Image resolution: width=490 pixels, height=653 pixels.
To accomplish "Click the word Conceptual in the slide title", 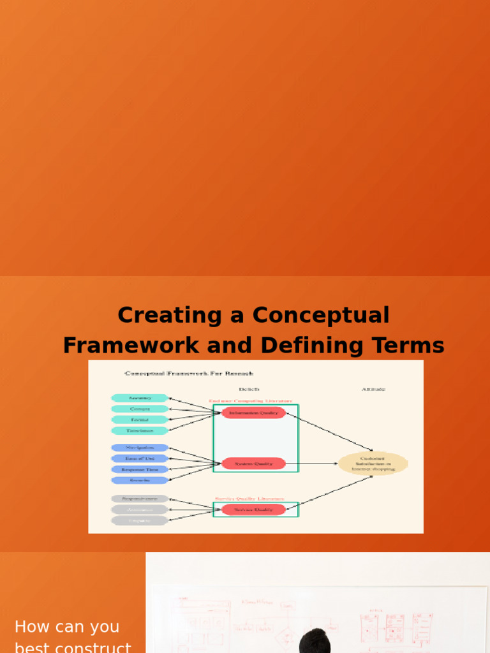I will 321,315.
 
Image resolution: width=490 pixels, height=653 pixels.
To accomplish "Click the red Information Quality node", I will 254,413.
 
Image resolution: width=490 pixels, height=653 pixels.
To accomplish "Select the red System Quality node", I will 254,464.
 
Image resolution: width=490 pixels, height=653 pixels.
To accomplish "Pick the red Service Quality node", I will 254,510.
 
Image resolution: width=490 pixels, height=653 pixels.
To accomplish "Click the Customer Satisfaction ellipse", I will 373,464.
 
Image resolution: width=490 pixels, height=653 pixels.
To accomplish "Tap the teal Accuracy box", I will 140,398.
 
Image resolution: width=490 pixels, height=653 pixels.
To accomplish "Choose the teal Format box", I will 140,420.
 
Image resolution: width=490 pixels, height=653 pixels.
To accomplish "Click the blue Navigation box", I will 140,448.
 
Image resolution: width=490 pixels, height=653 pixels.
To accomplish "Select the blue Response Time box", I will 140,469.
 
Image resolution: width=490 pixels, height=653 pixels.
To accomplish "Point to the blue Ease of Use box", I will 140,459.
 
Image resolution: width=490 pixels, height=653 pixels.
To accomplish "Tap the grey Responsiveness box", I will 140,499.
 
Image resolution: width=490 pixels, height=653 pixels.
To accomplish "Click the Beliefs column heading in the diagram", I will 249,389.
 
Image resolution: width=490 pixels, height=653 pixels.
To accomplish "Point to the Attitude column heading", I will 373,389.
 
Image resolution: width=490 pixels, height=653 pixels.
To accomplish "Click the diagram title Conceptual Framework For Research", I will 189,374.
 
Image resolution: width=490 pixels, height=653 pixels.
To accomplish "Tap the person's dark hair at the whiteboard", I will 315,641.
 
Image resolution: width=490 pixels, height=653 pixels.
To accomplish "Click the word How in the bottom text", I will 29,627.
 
